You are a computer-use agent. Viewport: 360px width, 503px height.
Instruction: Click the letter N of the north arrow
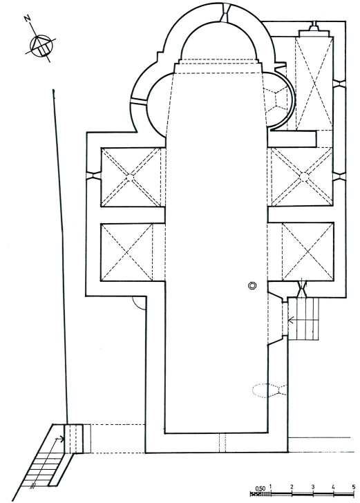pyautogui.click(x=28, y=19)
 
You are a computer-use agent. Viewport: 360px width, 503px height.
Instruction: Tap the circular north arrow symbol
pyautogui.click(x=41, y=46)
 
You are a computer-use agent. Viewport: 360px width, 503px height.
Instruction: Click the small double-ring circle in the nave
pyautogui.click(x=252, y=285)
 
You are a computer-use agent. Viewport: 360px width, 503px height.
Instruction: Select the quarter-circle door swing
pyautogui.click(x=138, y=303)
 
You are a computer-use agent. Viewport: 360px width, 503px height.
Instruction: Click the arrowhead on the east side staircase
pyautogui.click(x=292, y=320)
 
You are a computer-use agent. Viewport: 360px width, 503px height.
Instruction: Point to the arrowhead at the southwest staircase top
pyautogui.click(x=59, y=438)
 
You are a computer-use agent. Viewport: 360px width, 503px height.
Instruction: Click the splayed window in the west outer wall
pyautogui.click(x=93, y=176)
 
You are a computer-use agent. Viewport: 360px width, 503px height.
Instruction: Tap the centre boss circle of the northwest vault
pyautogui.click(x=131, y=177)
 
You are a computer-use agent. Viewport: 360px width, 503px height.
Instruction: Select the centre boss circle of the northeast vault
pyautogui.click(x=303, y=176)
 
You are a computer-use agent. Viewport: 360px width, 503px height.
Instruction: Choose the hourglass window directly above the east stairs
pyautogui.click(x=302, y=289)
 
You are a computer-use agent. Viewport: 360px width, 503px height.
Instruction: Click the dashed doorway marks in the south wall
pyautogui.click(x=222, y=443)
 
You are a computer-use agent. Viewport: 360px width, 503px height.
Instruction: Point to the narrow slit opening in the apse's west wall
pyautogui.click(x=139, y=101)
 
